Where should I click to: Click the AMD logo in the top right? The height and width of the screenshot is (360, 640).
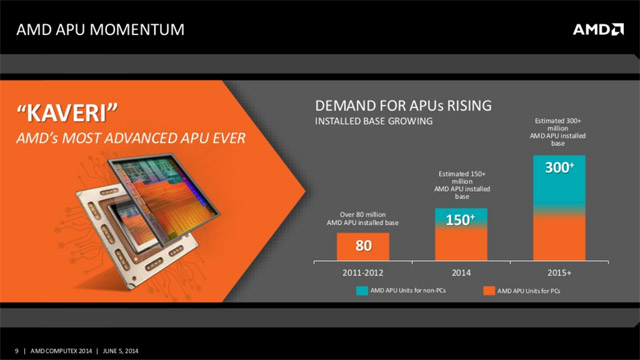coord(596,29)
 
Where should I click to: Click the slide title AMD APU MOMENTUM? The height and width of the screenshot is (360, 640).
coord(101,30)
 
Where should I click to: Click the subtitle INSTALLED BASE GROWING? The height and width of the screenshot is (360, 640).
coord(375,122)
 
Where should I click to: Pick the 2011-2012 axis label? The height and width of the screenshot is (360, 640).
coord(362,270)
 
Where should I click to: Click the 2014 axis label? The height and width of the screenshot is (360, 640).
coord(460,270)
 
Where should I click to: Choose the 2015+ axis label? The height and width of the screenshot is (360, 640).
coord(559,270)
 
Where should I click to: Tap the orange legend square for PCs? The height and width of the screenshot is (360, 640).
coord(490,290)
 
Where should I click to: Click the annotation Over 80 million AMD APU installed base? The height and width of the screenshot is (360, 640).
coord(362,218)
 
